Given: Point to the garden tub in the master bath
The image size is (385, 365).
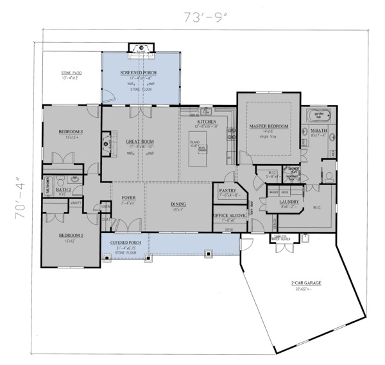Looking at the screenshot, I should click(x=318, y=117).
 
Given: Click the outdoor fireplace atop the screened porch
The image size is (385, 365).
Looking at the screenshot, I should click(x=139, y=50).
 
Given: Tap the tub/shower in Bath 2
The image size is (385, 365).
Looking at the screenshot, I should click(x=47, y=186).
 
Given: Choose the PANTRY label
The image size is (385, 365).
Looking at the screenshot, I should click(x=229, y=191).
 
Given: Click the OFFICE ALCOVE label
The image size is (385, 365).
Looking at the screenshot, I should click(x=230, y=216).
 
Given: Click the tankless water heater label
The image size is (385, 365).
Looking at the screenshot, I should click(x=287, y=238).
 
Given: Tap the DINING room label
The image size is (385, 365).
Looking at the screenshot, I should click(x=178, y=206).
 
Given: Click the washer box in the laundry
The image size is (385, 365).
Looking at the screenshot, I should click(x=273, y=191).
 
